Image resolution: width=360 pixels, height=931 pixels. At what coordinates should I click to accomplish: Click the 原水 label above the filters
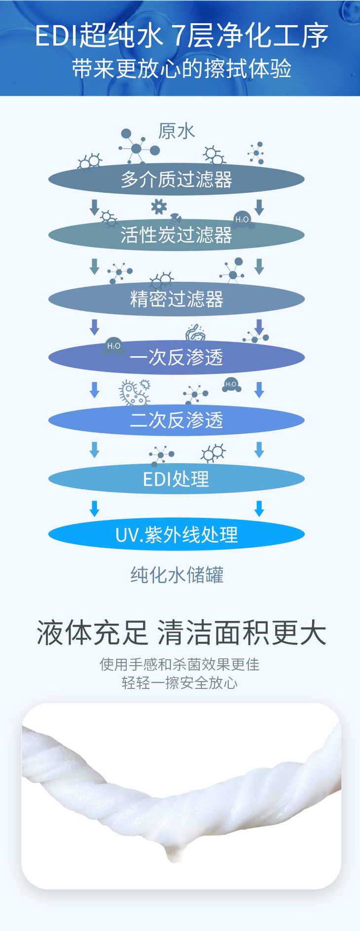pyautogui.click(x=177, y=131)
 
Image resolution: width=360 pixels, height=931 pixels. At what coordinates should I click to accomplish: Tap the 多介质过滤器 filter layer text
pyautogui.click(x=177, y=179)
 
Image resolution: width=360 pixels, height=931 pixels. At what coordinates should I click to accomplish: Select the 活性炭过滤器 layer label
pyautogui.click(x=177, y=235)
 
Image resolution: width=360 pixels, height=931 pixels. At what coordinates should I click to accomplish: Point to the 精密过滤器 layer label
pyautogui.click(x=177, y=299)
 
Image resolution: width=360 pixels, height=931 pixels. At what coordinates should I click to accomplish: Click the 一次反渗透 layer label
pyautogui.click(x=177, y=357)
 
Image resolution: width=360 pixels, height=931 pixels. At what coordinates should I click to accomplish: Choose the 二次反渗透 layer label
pyautogui.click(x=177, y=420)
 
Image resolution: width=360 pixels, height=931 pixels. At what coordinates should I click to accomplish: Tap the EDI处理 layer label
pyautogui.click(x=176, y=479)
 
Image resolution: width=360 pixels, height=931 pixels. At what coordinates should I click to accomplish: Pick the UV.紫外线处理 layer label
pyautogui.click(x=177, y=535)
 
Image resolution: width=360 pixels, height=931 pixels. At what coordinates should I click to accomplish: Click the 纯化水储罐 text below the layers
pyautogui.click(x=177, y=575)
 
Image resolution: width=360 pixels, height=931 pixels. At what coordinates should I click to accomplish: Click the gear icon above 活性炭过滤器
pyautogui.click(x=159, y=206)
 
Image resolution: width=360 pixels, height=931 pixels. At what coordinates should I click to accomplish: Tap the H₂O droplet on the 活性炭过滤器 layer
pyautogui.click(x=242, y=220)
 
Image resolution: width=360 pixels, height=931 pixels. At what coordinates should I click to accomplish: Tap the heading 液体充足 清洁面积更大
pyautogui.click(x=181, y=633)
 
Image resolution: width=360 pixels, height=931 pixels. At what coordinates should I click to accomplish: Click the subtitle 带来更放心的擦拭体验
pyautogui.click(x=181, y=69)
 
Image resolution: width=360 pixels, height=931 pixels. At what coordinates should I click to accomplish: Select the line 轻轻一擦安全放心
pyautogui.click(x=180, y=683)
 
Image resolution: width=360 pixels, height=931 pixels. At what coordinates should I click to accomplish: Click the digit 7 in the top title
pyautogui.click(x=178, y=36)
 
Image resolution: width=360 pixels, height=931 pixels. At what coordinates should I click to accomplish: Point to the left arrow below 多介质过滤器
pyautogui.click(x=94, y=207)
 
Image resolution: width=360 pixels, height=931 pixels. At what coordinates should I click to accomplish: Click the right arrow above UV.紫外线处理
pyautogui.click(x=259, y=509)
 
